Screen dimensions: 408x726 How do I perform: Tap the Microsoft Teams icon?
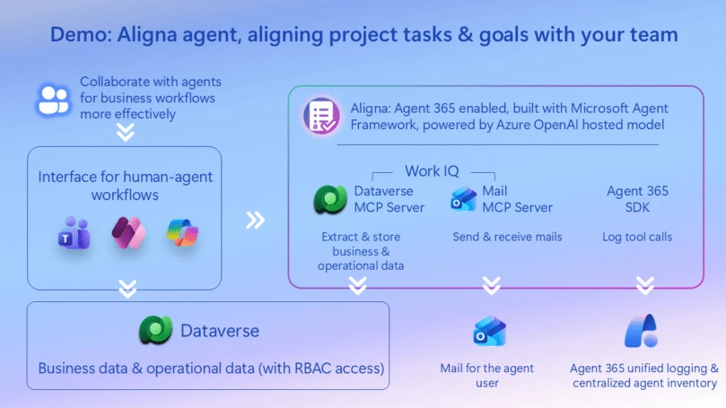[x=73, y=235]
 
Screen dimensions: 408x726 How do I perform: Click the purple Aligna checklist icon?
[x=319, y=117]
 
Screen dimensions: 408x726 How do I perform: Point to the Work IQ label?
[x=434, y=169]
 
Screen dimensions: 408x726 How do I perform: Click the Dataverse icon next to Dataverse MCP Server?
[x=330, y=199]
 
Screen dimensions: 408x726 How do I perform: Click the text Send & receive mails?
[x=508, y=237]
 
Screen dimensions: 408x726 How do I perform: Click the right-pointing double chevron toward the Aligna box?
[x=256, y=219]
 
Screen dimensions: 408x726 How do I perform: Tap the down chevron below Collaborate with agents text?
[x=127, y=132]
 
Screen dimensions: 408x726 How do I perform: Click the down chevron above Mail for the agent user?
[x=491, y=286]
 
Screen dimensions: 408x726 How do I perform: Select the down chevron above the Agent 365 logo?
[x=644, y=286]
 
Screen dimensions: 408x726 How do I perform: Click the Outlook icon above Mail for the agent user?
[x=490, y=332]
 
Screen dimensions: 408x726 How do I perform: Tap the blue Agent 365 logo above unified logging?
[x=642, y=331]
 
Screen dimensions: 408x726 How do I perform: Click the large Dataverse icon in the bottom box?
[x=155, y=331]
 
